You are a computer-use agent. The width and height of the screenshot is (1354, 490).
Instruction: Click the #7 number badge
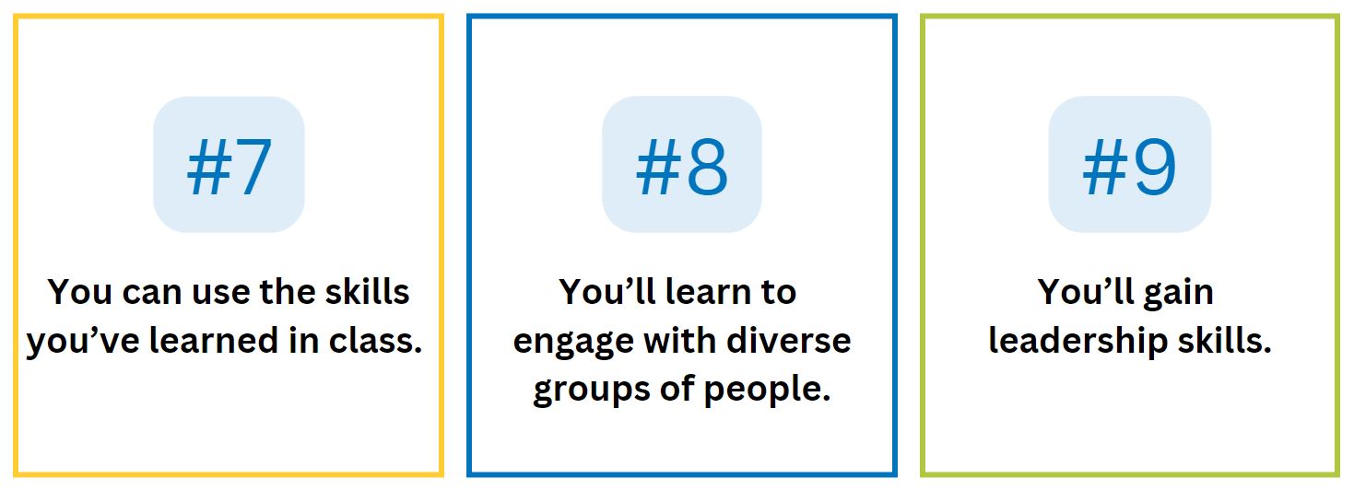point(229,165)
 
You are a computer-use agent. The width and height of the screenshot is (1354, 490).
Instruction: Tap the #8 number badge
point(682,165)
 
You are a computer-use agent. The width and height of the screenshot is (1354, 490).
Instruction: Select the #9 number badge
point(1129,165)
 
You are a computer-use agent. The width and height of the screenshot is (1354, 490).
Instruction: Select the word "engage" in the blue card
point(571,342)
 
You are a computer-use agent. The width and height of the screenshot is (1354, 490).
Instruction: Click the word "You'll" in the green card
point(1078,293)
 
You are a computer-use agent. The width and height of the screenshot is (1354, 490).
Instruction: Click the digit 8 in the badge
point(705,167)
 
